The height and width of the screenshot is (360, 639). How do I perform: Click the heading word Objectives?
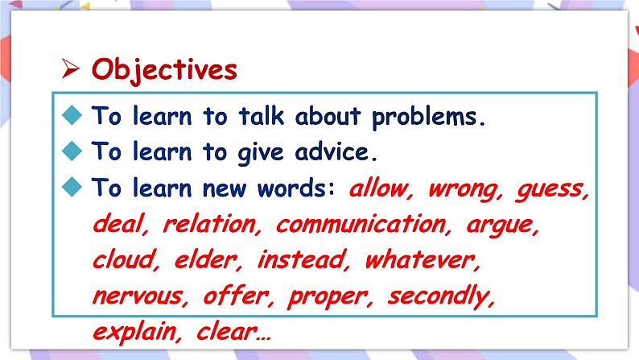pyautogui.click(x=164, y=70)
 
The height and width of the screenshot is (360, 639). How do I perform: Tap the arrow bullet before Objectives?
pyautogui.click(x=70, y=68)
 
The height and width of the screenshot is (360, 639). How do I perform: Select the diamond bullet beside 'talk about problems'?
pyautogui.click(x=72, y=114)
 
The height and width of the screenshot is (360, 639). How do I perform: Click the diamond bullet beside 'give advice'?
pyautogui.click(x=72, y=151)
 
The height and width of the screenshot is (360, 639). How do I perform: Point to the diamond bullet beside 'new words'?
pyautogui.click(x=72, y=187)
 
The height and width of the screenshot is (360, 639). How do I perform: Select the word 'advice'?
pyautogui.click(x=332, y=152)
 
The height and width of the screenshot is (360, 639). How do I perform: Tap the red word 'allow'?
pyautogui.click(x=378, y=188)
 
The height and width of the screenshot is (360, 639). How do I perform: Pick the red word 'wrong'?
pyautogui.click(x=463, y=190)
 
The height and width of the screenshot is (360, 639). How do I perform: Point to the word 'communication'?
pyautogui.click(x=361, y=224)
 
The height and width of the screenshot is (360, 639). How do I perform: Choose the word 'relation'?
pyautogui.click(x=209, y=224)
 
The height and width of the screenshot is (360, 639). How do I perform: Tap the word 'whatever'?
pyautogui.click(x=420, y=259)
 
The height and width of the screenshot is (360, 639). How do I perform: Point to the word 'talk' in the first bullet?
pyautogui.click(x=261, y=115)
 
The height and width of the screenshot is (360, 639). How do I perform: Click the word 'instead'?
pyautogui.click(x=302, y=259)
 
